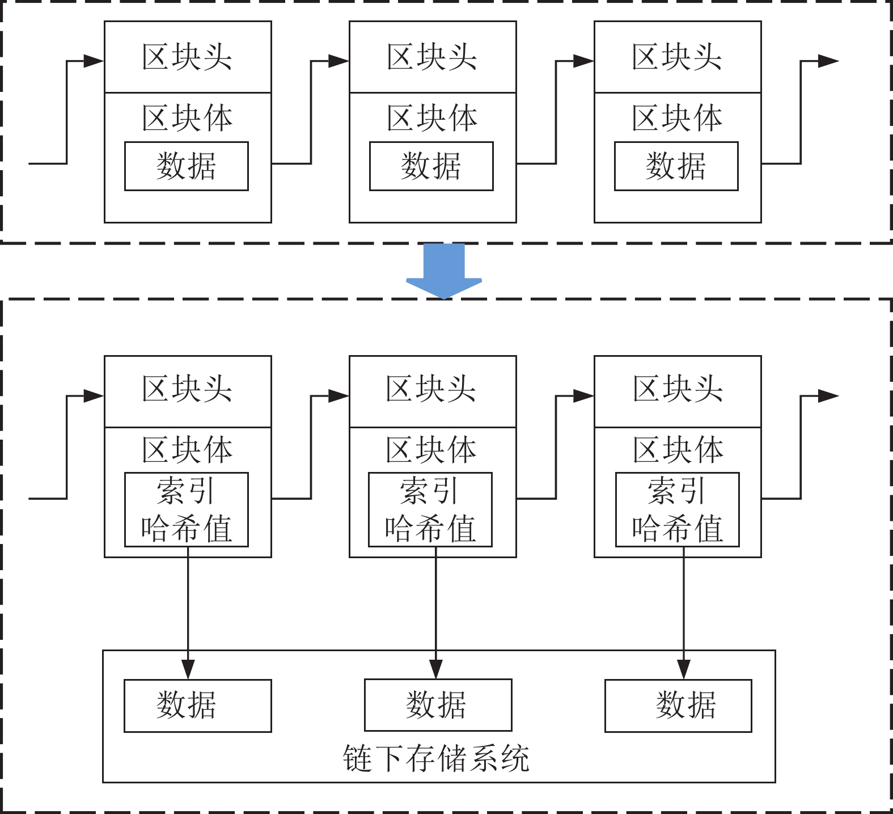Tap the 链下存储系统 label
pyautogui.click(x=435, y=758)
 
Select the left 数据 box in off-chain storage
pyautogui.click(x=197, y=706)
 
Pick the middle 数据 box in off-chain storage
pyautogui.click(x=438, y=705)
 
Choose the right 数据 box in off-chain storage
pyautogui.click(x=678, y=706)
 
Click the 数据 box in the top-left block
pyautogui.click(x=186, y=166)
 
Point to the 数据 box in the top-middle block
pyautogui.click(x=431, y=166)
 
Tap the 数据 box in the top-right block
pyautogui.click(x=676, y=166)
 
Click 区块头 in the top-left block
pyautogui.click(x=188, y=57)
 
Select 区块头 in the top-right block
pyautogui.click(x=678, y=57)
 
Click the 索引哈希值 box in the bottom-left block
pyautogui.click(x=186, y=509)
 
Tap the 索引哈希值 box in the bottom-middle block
pyautogui.click(x=430, y=509)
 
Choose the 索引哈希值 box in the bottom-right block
pyautogui.click(x=677, y=509)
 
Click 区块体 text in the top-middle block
pyautogui.click(x=432, y=118)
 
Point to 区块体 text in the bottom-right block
pyautogui.click(x=678, y=450)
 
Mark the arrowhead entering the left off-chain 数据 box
pyautogui.click(x=188, y=669)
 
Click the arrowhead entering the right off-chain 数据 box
pyautogui.click(x=684, y=669)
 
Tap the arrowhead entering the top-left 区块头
pyautogui.click(x=94, y=61)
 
